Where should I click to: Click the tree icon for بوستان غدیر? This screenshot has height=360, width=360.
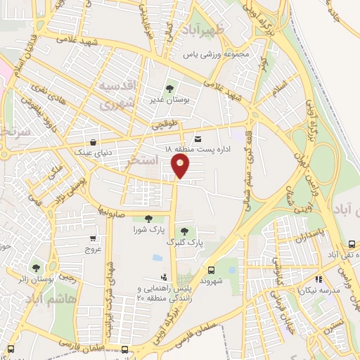(x=169, y=89)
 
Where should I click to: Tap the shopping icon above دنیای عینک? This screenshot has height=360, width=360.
(x=94, y=139)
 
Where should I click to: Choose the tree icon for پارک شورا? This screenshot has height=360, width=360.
(x=148, y=219)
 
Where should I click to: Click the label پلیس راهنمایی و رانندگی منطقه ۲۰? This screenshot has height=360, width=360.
(x=161, y=294)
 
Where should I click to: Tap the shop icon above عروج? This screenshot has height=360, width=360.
(x=94, y=239)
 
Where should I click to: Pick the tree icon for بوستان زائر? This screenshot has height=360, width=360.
(x=36, y=268)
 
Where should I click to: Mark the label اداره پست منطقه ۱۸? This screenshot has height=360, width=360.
(x=188, y=150)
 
